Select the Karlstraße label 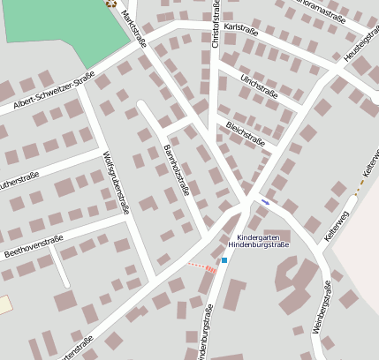(241, 29)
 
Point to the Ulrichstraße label (259, 86)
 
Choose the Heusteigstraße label (360, 49)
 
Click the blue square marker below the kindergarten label (224, 259)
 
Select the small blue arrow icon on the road (265, 202)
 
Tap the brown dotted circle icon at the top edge (110, 3)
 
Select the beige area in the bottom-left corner (4, 305)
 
